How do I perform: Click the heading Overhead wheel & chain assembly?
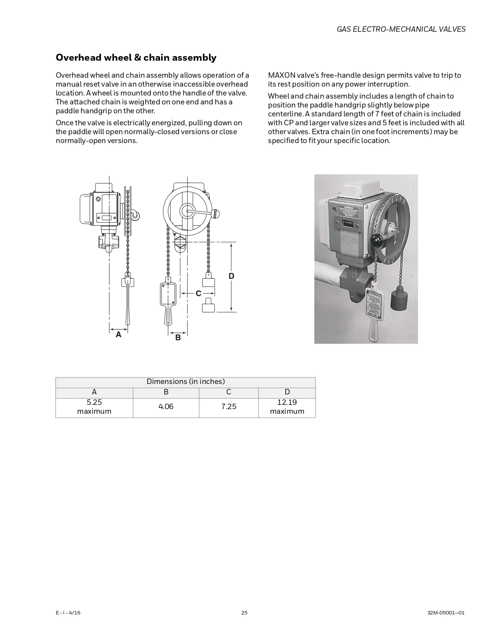click(x=136, y=58)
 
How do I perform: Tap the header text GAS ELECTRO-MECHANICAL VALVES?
click(x=401, y=29)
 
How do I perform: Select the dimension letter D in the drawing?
click(x=231, y=276)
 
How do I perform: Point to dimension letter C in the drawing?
click(x=198, y=294)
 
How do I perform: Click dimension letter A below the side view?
click(x=119, y=335)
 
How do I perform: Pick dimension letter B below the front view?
click(x=178, y=338)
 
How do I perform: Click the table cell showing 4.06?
click(x=166, y=407)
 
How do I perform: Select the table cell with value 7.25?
click(x=229, y=407)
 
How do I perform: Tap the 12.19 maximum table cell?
click(x=287, y=407)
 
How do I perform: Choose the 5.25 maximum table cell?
click(x=94, y=407)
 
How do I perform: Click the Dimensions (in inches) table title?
click(x=186, y=382)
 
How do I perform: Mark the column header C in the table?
click(x=229, y=392)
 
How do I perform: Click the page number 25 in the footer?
click(x=244, y=612)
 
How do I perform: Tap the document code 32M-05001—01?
click(x=446, y=612)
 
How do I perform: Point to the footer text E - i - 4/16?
click(x=68, y=612)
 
